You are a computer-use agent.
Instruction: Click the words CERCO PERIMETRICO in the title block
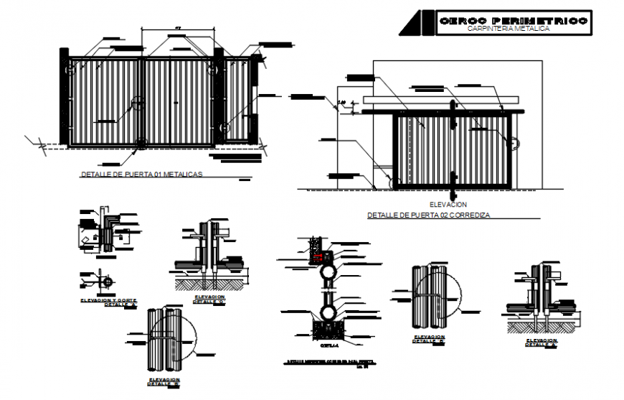(512, 21)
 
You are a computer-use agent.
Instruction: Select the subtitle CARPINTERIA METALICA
(508, 29)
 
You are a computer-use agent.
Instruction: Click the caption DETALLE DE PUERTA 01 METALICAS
(142, 175)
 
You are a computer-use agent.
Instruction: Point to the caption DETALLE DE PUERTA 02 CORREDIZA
(428, 215)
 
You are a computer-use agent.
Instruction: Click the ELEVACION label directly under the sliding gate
(447, 205)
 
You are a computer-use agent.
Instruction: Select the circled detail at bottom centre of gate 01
(141, 144)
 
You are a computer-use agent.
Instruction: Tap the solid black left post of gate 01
(64, 97)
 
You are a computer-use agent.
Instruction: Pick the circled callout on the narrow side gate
(224, 129)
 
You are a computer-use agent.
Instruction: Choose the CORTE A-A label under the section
(328, 344)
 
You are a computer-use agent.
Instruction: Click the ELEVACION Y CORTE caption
(109, 300)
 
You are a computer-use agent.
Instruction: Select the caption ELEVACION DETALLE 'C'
(208, 299)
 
